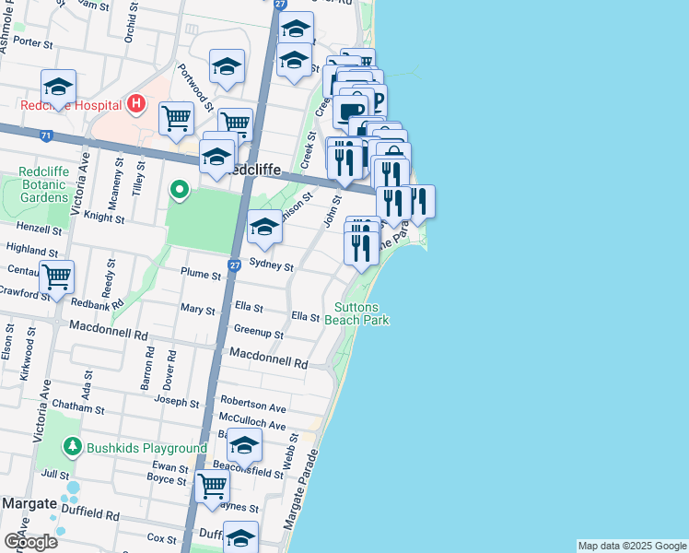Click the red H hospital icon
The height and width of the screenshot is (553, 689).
[x=135, y=104]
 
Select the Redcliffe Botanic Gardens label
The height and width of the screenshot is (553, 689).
[x=44, y=185]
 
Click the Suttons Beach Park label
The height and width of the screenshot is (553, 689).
[x=362, y=313]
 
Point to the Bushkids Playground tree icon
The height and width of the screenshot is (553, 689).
[x=72, y=447]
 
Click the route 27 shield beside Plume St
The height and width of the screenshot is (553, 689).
[x=235, y=265]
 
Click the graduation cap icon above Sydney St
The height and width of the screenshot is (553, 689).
[x=264, y=227]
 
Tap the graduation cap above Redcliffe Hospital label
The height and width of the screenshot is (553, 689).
[x=58, y=87]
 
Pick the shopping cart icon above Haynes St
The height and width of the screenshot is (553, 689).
[x=213, y=485]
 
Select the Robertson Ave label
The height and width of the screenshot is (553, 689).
[x=253, y=406]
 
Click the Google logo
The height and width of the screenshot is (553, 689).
[x=29, y=542]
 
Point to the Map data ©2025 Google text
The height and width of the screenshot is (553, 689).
[x=632, y=546]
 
